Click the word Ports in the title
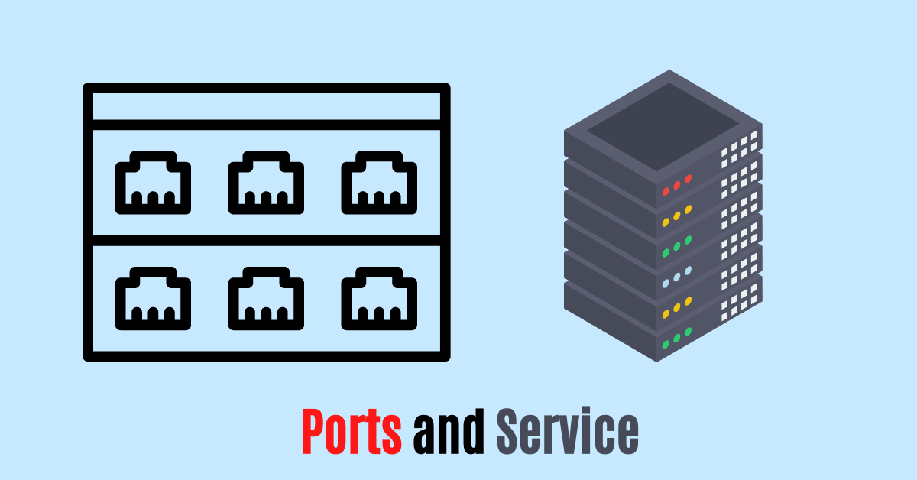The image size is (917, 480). (352, 433)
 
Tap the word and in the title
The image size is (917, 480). (449, 433)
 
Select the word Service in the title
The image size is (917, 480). (567, 433)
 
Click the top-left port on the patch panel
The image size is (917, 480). (153, 182)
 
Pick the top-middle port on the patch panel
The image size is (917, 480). (266, 182)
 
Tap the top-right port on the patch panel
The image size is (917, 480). (379, 182)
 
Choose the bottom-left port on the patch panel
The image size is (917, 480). (153, 298)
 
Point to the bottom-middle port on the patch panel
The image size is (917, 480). (266, 298)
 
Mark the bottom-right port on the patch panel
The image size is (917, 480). (379, 298)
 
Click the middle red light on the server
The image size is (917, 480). (677, 184)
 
